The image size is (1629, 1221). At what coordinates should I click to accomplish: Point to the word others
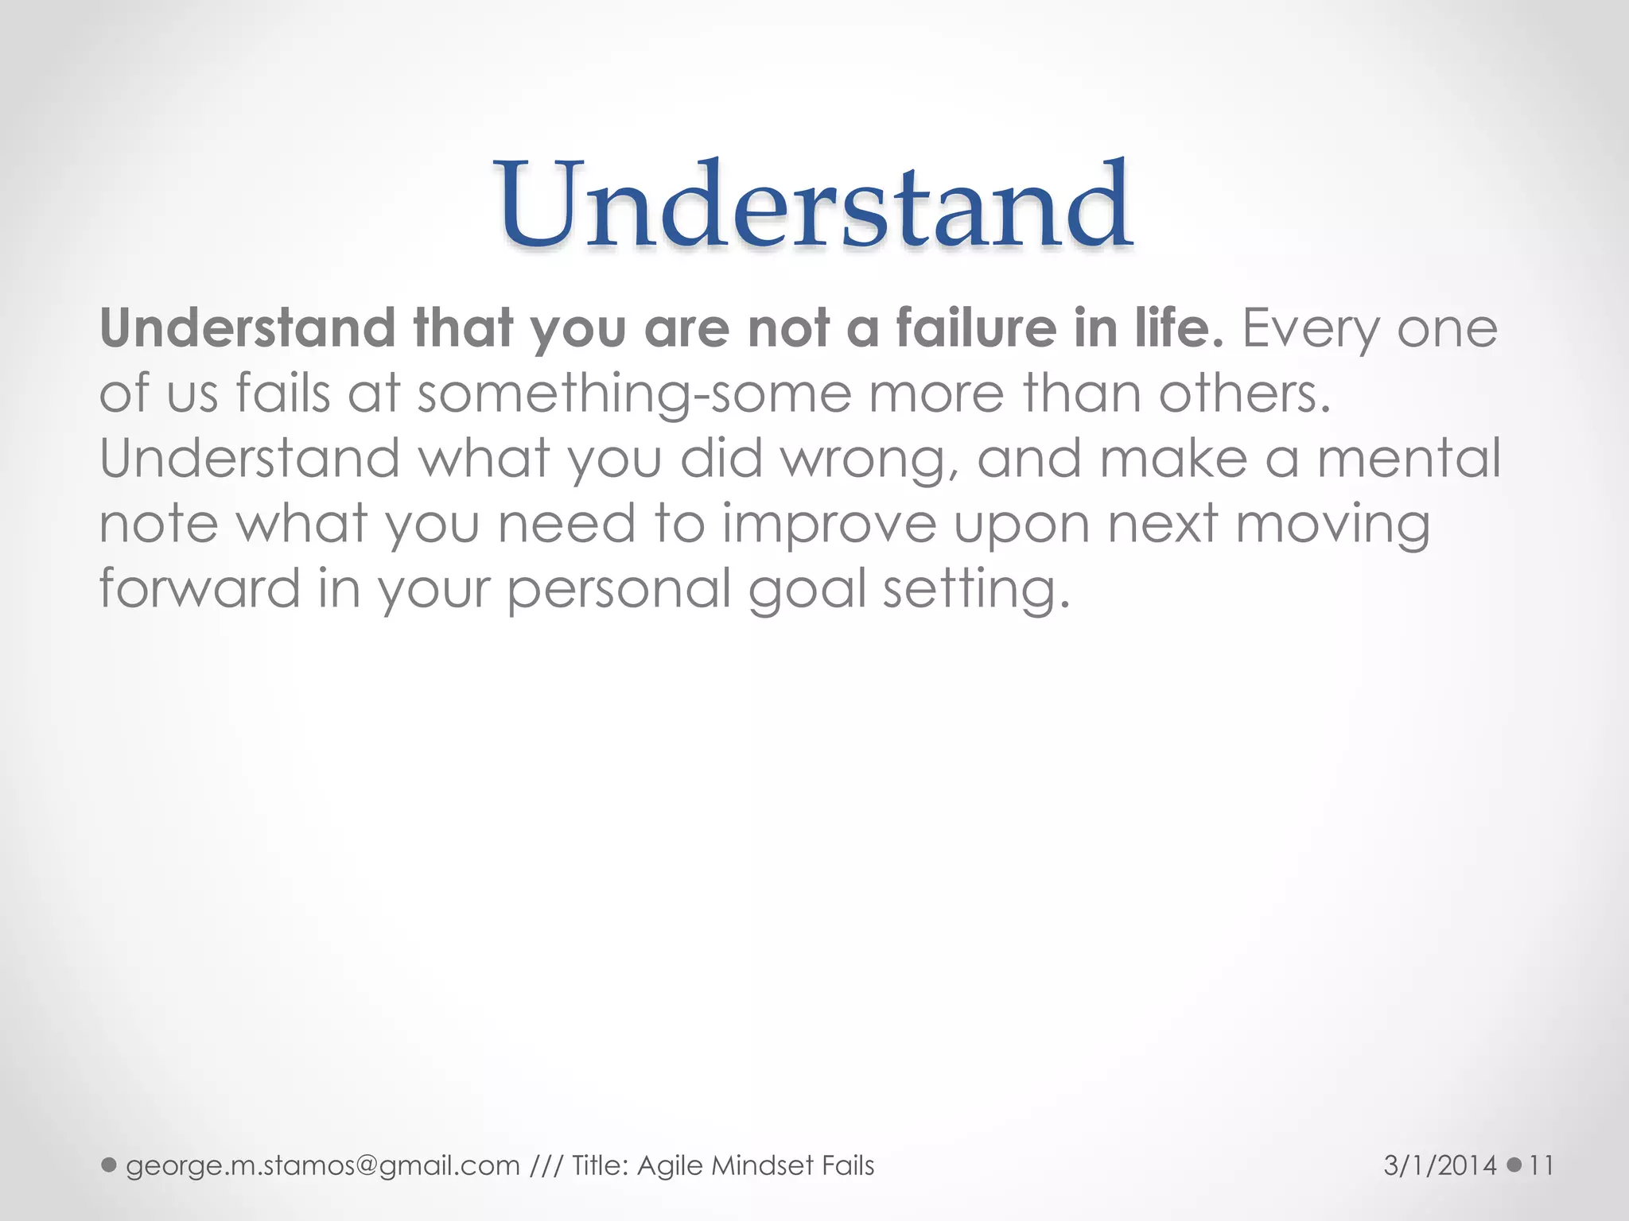point(1244,393)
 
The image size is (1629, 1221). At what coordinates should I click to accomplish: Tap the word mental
point(1409,459)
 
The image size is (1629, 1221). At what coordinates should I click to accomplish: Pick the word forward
point(199,589)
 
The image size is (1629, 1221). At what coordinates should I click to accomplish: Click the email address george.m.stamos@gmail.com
point(322,1165)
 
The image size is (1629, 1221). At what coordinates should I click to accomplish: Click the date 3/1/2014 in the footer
point(1440,1165)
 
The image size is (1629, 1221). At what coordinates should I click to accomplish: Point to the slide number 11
point(1542,1165)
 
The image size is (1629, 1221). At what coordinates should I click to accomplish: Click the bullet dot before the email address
point(110,1165)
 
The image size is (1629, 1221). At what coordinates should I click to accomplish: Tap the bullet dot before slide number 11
point(1514,1165)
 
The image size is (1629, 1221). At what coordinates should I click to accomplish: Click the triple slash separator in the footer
point(546,1165)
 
